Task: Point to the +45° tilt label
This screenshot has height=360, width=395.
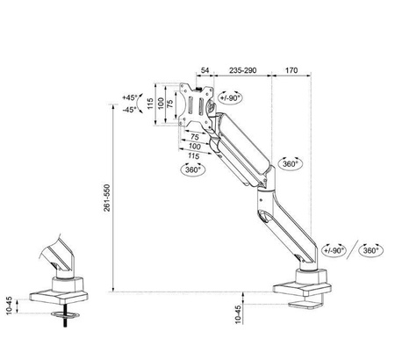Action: click(130, 97)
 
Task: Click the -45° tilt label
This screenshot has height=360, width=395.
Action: click(130, 110)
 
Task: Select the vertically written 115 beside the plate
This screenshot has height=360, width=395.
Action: click(150, 104)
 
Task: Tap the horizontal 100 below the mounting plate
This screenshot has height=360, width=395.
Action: click(192, 147)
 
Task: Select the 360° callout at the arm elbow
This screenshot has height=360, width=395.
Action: click(290, 164)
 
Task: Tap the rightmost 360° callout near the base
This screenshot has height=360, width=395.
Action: click(370, 251)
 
